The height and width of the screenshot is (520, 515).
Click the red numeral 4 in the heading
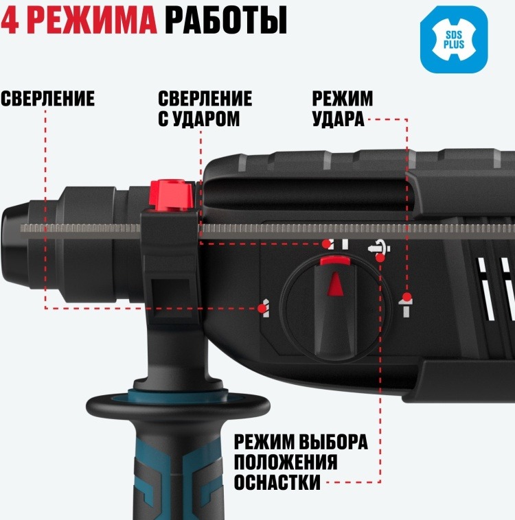point(9,20)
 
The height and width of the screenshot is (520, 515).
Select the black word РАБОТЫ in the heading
point(226,21)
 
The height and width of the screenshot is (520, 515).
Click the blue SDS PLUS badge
point(454,40)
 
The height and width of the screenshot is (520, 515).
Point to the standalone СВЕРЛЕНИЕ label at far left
point(47,99)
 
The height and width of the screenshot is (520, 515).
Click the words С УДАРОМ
point(198,119)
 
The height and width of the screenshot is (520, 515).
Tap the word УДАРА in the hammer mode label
point(339,119)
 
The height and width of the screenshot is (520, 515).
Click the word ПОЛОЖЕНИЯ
point(286,461)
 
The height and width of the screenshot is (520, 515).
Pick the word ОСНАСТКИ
point(277,482)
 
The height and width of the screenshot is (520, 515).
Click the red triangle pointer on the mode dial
point(335,283)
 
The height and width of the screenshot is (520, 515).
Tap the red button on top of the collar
point(172,196)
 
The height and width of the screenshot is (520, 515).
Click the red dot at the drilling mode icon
point(262,309)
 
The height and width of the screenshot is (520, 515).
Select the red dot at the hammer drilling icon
point(327,244)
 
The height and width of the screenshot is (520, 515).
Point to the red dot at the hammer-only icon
point(407,297)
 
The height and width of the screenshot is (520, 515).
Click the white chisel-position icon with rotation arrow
point(379,248)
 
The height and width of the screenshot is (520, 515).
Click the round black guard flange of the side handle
point(178,405)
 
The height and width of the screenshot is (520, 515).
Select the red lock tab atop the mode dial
point(335,261)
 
